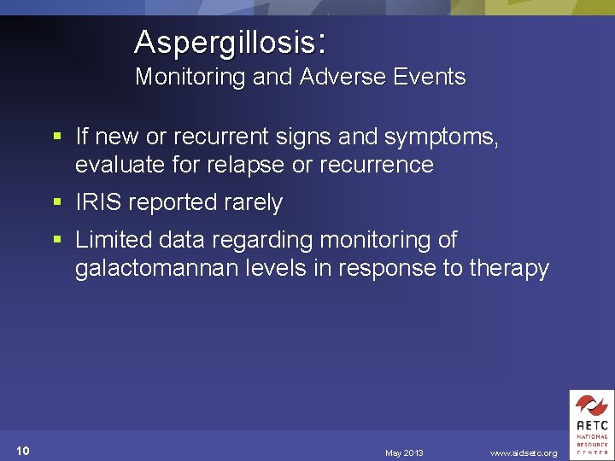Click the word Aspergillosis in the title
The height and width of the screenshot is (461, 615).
225,42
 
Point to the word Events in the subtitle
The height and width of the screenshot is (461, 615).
425,77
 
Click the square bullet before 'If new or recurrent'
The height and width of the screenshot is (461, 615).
56,136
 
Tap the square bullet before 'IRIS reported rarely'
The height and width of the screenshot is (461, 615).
56,202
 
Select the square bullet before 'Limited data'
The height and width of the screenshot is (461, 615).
56,240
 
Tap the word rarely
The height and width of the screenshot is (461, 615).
250,203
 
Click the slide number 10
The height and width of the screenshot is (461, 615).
23,451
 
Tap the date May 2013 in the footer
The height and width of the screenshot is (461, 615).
404,452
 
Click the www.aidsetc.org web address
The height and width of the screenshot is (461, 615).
524,452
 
